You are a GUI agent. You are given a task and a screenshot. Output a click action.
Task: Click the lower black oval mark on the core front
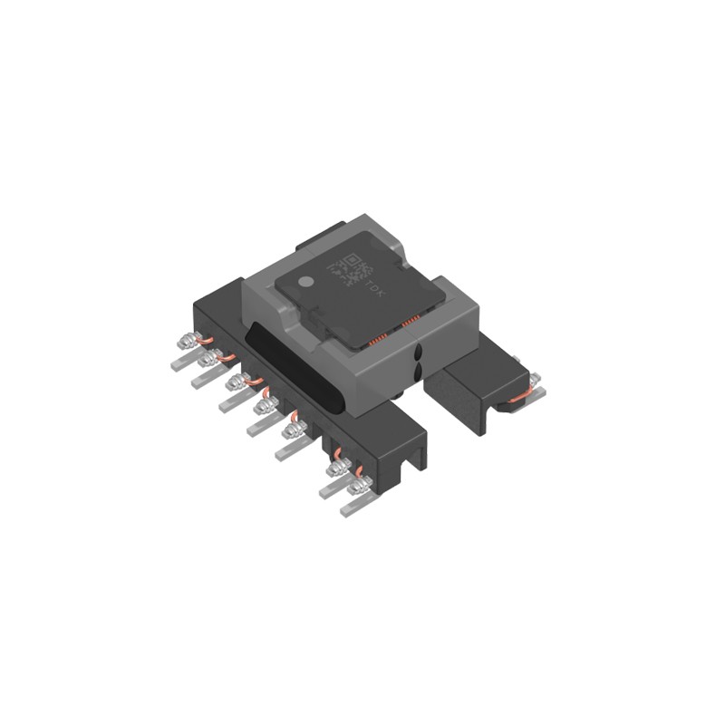tap(417, 372)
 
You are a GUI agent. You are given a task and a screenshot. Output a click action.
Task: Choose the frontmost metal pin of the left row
tap(349, 506)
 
